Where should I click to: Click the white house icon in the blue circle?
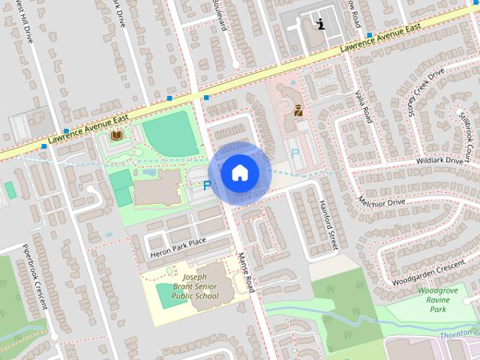tap(238, 172)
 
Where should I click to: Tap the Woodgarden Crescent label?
tap(427, 271)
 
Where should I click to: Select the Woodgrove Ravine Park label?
tap(433, 300)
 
